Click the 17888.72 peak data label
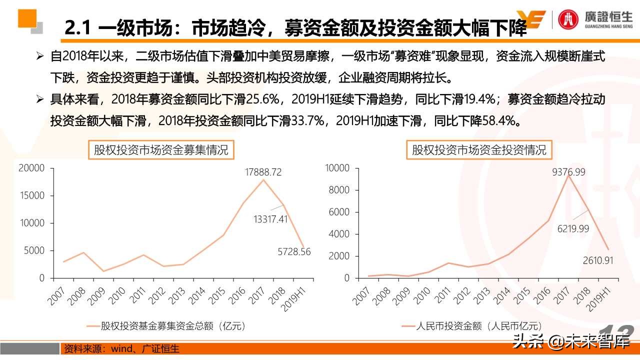pos(263,172)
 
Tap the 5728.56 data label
pos(294,252)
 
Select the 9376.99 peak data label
pos(568,172)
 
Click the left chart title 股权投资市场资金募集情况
pos(161,149)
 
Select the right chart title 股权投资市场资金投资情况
pos(479,149)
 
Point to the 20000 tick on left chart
pos(31,168)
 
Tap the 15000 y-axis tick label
pos(31,195)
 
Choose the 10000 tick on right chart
pos(336,168)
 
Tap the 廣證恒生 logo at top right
pos(595,20)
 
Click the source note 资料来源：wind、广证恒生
pos(120,348)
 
